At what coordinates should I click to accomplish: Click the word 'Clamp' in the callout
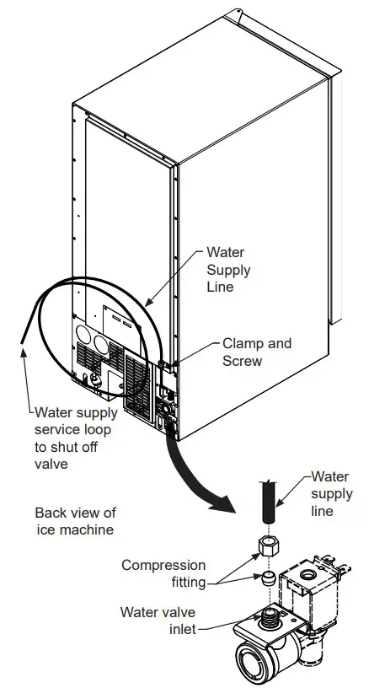tap(242, 343)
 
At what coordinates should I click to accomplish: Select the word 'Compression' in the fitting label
tap(163, 565)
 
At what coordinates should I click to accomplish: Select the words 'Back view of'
tap(75, 513)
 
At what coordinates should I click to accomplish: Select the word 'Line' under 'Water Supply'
tap(220, 287)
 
